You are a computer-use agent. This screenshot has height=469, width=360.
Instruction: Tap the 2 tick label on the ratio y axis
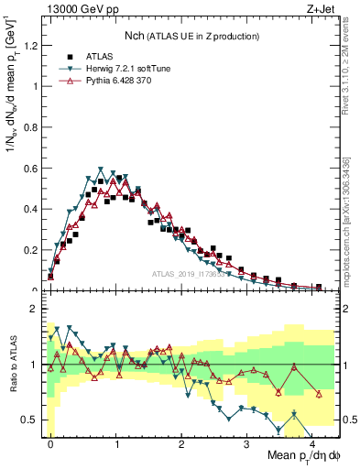[36, 310]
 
